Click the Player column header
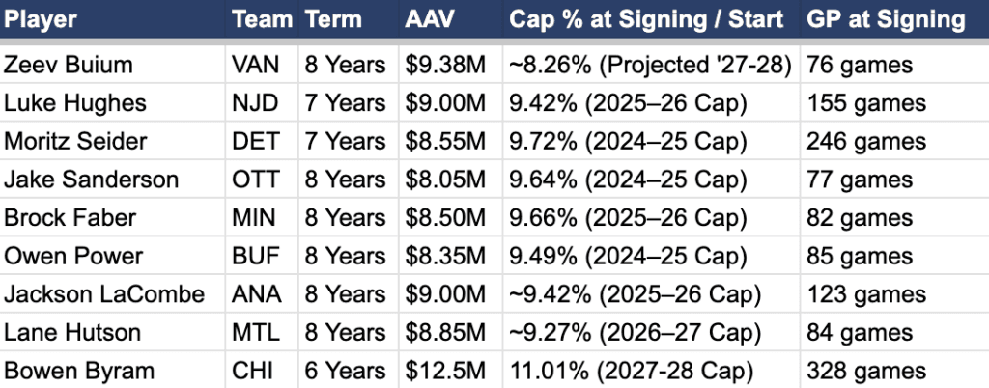pos(40,19)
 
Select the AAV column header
pos(430,19)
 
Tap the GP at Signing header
pos(886,19)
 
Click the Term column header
pos(333,19)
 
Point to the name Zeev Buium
pos(69,65)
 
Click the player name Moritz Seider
pos(76,141)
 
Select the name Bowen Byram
pos(79,371)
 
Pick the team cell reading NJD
pos(255,103)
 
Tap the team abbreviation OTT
pos(255,180)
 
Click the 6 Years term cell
pos(345,371)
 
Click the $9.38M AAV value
pos(445,65)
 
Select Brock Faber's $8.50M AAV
pos(445,218)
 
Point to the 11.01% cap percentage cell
pos(632,371)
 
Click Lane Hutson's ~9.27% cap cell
pos(636,333)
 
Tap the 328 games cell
pos(866,371)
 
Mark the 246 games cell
pos(866,141)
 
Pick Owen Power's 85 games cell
pos(859,257)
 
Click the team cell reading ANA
pos(255,294)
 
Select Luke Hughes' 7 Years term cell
pos(345,103)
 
